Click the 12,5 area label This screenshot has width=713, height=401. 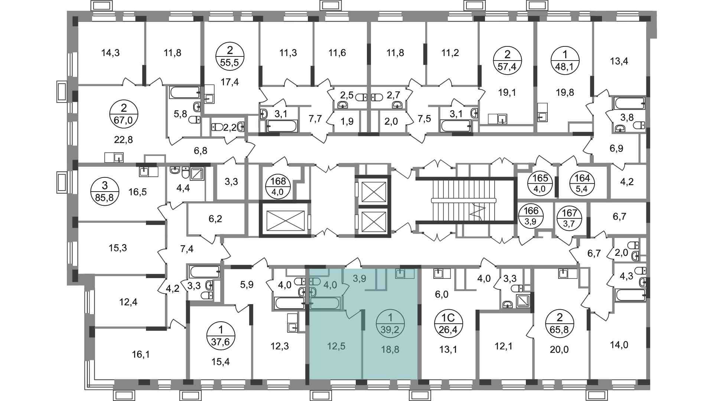[x=336, y=346]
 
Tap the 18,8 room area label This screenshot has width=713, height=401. [x=390, y=349]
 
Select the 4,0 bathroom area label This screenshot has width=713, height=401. [x=330, y=285]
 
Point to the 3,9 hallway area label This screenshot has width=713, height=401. [x=359, y=278]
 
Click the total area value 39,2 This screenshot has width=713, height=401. [x=390, y=330]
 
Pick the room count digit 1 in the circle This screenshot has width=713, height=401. [x=390, y=318]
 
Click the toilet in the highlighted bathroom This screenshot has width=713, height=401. [x=313, y=291]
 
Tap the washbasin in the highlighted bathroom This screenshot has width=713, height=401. [x=314, y=281]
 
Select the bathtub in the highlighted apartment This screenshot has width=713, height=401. [x=325, y=303]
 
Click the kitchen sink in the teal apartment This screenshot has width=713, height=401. [x=400, y=274]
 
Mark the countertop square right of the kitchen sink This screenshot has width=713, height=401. [x=410, y=274]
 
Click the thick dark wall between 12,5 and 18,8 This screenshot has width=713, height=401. [x=363, y=320]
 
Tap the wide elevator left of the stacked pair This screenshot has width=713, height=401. [x=285, y=220]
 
